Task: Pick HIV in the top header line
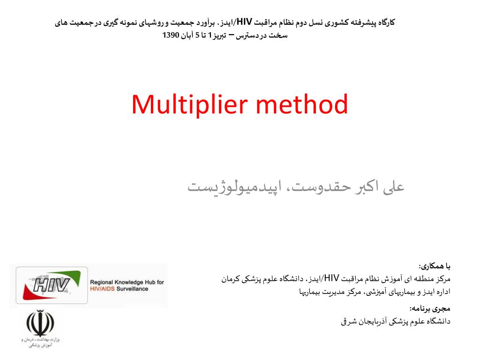[245, 22]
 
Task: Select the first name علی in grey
[393, 187]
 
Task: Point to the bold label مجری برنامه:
[429, 308]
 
